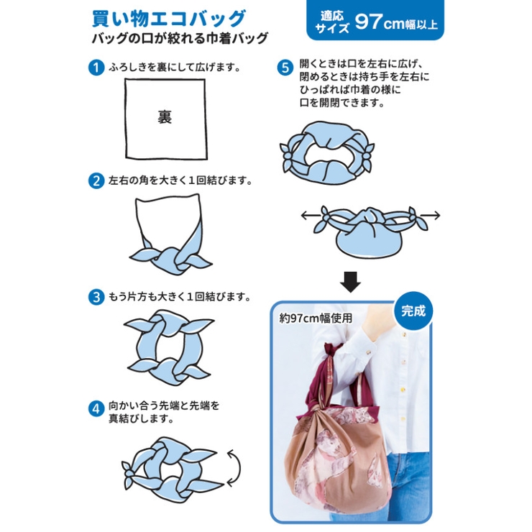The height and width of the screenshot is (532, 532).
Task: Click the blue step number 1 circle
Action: coord(96,68)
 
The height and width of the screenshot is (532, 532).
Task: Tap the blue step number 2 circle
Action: coord(96,181)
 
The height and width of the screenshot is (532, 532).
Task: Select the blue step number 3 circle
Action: coord(96,297)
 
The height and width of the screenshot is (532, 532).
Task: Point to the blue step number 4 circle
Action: coord(96,409)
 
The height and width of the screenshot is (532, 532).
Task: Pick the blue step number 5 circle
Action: coord(285,68)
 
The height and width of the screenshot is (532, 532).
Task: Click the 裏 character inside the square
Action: coord(165,116)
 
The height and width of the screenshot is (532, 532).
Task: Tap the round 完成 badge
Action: coord(413,311)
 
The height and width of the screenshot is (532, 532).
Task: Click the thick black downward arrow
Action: coord(350,282)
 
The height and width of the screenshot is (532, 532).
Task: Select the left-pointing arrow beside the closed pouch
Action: coord(311,215)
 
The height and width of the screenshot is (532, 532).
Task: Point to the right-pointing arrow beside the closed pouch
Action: coord(430,215)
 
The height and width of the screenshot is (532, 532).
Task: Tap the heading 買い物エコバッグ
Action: coord(169,19)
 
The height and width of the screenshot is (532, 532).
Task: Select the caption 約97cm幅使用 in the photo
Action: coord(316,318)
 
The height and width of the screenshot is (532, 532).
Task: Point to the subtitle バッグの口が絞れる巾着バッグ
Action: coord(180,39)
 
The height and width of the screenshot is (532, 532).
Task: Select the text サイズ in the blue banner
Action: coord(332,28)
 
